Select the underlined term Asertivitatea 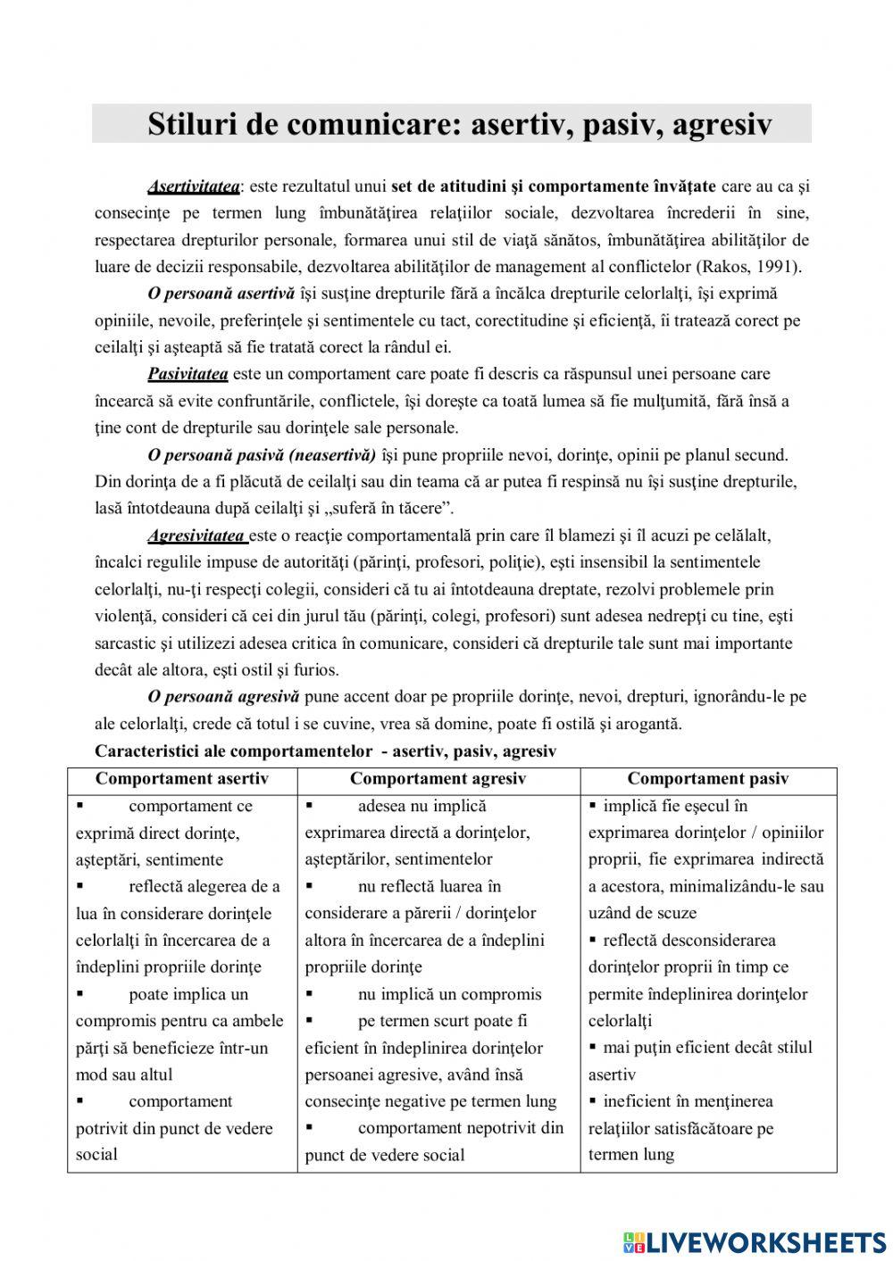pos(193,187)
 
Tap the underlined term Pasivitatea pos(188,374)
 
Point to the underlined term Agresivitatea pos(196,535)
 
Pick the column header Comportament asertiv pos(181,779)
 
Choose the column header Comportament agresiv pos(438,779)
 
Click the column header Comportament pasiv pos(707,779)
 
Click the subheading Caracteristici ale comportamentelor pos(233,751)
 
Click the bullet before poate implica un pos(80,993)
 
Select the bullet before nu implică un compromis pos(309,993)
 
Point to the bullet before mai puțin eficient pos(593,1047)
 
